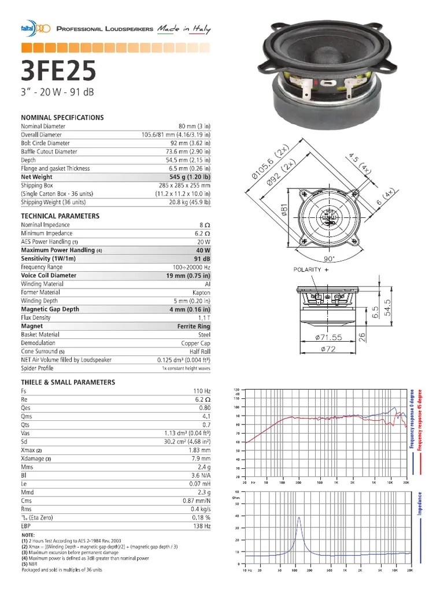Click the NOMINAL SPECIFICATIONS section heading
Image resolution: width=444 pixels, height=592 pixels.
(62, 117)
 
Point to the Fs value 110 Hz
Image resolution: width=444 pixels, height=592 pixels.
(201, 391)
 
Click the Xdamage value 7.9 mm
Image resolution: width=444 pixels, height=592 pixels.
(199, 458)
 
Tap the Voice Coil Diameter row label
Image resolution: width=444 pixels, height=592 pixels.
(49, 276)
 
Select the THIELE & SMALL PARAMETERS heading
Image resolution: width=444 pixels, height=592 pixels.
(68, 382)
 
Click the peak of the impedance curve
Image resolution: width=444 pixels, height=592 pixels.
(299, 517)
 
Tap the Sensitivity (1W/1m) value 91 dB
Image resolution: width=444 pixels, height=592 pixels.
(202, 258)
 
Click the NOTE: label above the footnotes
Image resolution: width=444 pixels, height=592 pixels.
(28, 535)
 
